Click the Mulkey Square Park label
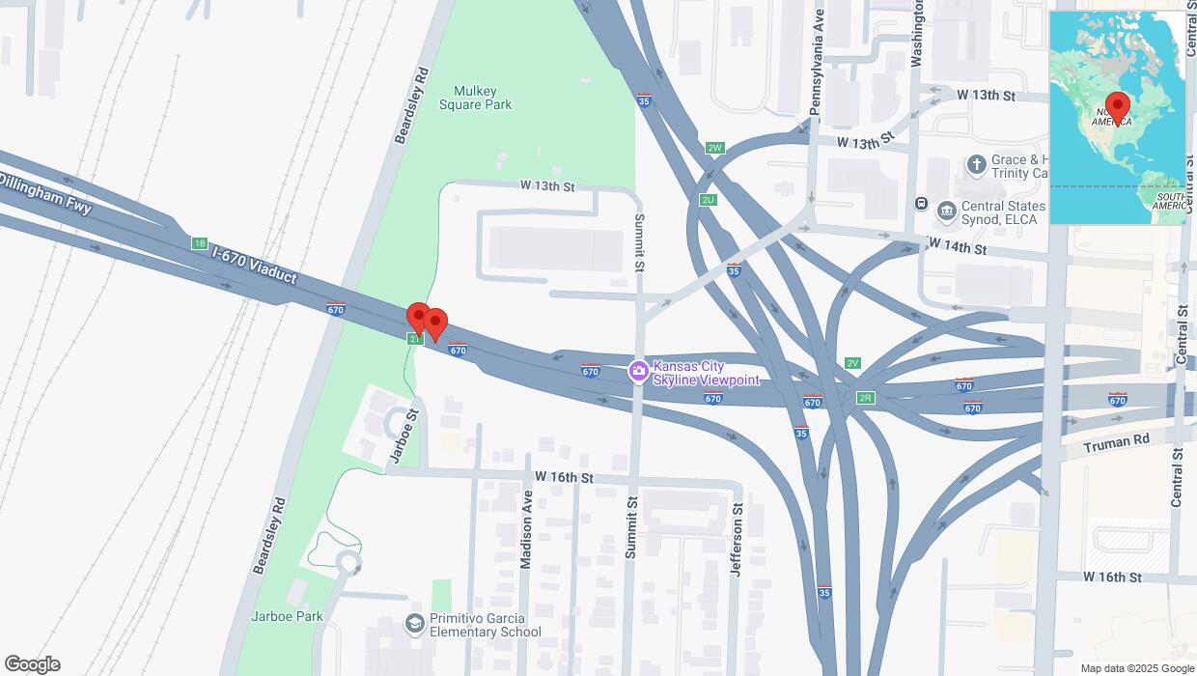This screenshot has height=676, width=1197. [x=475, y=98]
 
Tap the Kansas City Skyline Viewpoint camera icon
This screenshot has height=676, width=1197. [x=638, y=371]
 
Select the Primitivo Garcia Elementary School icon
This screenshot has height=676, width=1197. [x=415, y=624]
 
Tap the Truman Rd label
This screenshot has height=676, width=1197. [x=1116, y=443]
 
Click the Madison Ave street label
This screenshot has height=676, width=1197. [x=526, y=529]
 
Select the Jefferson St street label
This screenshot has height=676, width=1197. [x=737, y=539]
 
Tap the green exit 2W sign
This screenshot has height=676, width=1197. [x=714, y=148]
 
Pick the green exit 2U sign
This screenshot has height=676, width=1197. [x=709, y=200]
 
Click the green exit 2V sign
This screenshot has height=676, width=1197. [x=851, y=363]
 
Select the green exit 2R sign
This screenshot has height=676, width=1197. [x=865, y=397]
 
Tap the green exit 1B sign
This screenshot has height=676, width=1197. [x=200, y=243]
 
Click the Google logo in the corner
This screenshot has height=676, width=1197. [x=32, y=664]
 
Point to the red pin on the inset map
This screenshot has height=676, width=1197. [x=1118, y=106]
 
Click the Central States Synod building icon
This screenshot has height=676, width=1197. [x=946, y=209]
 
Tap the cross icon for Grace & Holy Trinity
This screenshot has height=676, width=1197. [x=976, y=164]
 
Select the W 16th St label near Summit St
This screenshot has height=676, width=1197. [x=564, y=478]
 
